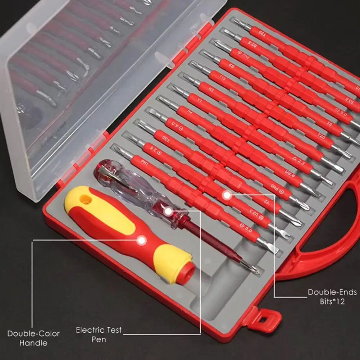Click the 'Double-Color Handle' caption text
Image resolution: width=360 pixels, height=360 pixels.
pos(33,338)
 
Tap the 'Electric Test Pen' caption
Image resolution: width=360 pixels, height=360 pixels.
pos(99,334)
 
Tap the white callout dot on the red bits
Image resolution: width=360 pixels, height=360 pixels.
pos(227,196)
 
